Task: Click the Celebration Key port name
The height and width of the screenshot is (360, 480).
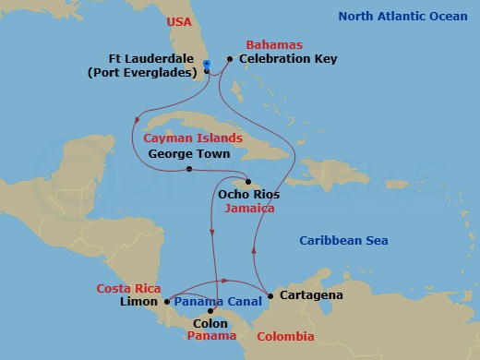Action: coord(288,59)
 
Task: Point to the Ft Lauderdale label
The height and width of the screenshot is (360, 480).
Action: coord(151,59)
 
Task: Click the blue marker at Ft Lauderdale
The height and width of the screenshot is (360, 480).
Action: coord(207,64)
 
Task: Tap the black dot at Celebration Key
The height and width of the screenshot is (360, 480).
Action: coord(229,60)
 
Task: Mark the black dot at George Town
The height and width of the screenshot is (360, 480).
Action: coord(188,169)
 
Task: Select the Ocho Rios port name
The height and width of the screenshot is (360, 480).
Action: coord(247,195)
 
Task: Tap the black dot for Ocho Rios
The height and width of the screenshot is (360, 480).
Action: coord(247,181)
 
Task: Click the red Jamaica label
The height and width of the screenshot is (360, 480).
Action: coord(249,210)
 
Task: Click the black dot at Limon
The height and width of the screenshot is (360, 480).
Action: coord(167,301)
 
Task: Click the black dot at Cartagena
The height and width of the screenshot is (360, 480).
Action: coord(270,296)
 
